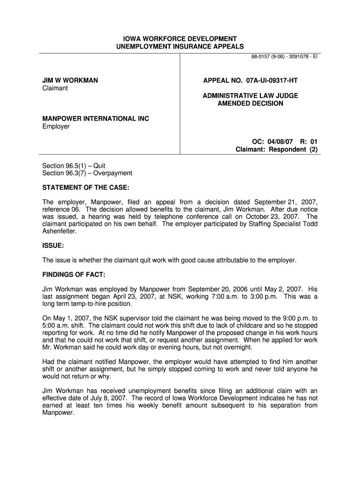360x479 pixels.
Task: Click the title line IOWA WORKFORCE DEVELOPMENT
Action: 180,38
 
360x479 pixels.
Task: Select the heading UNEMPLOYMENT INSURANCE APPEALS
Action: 180,47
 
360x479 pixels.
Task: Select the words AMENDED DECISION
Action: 250,103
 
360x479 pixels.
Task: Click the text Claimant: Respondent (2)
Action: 276,150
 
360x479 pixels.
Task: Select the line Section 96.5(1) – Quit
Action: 74,166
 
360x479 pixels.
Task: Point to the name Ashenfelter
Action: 59,231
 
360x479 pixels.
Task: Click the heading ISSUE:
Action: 53,245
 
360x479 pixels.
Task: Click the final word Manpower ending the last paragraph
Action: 58,413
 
